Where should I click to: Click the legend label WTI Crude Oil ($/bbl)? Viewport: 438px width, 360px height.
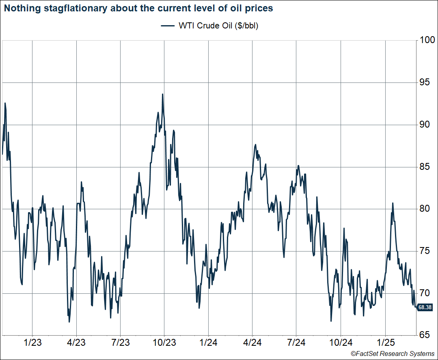218,26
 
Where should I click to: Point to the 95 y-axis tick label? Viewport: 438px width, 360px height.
425,82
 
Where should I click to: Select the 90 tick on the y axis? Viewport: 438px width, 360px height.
425,125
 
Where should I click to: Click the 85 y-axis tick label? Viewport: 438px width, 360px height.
425,167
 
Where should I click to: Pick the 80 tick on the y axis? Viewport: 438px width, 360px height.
425,209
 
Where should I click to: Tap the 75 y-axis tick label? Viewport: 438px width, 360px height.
425,251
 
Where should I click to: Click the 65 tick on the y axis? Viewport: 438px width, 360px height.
425,335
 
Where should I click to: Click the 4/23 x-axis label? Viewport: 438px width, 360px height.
76,343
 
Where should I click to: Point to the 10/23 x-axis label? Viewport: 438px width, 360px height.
164,343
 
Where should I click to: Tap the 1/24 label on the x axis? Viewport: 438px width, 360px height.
208,343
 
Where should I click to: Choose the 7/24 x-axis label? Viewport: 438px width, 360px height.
296,343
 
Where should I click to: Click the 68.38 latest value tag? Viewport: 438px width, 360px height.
425,308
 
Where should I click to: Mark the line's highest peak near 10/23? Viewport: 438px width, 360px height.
162,94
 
